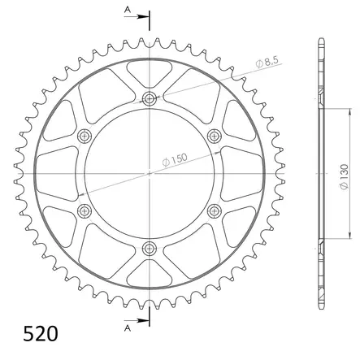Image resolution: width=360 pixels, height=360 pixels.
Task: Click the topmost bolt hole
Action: click(150, 98)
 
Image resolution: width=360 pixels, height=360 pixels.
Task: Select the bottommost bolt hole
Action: click(150, 247)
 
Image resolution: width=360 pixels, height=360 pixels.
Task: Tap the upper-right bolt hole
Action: click(214, 136)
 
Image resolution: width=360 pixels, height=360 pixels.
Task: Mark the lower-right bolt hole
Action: click(214, 210)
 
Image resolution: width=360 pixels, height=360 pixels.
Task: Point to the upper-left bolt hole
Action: click(85, 136)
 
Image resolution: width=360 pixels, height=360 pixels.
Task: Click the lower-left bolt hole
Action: click(85, 210)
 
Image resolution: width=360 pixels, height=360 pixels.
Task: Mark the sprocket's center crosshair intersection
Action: click(150, 173)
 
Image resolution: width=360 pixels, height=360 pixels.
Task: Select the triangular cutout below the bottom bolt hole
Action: click(150, 274)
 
